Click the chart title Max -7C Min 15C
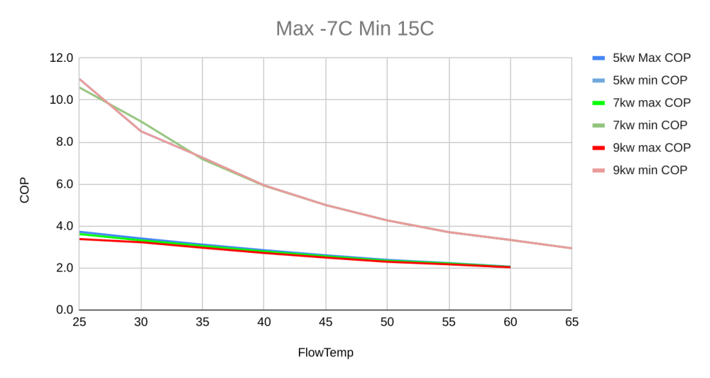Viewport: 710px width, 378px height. pos(354,28)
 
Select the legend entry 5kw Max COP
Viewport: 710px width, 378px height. pos(642,58)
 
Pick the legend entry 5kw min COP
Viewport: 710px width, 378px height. pos(640,80)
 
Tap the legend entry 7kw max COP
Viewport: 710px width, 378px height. pos(642,103)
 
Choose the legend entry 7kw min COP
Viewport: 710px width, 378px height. pos(640,125)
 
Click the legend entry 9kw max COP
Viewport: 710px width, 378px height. pos(642,148)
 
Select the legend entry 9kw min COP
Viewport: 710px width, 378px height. pos(640,170)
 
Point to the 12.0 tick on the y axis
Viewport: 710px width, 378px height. pos(61,58)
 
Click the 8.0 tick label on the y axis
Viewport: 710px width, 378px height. pos(64,142)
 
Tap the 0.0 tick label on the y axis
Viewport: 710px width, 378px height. pos(64,310)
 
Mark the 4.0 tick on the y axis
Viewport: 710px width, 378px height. pos(64,226)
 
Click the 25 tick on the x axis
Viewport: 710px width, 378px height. pos(80,323)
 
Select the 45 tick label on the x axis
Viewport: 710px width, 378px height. pos(326,323)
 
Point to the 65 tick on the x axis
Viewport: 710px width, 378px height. pos(572,323)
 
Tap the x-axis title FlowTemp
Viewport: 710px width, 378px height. pos(326,352)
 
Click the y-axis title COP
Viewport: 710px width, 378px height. pos(24,190)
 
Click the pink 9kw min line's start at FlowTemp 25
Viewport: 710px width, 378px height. pos(80,79)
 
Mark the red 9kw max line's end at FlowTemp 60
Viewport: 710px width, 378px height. pos(510,267)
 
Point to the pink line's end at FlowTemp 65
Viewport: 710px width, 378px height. pos(572,248)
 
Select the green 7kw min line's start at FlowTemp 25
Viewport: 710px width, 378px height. pos(80,87)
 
